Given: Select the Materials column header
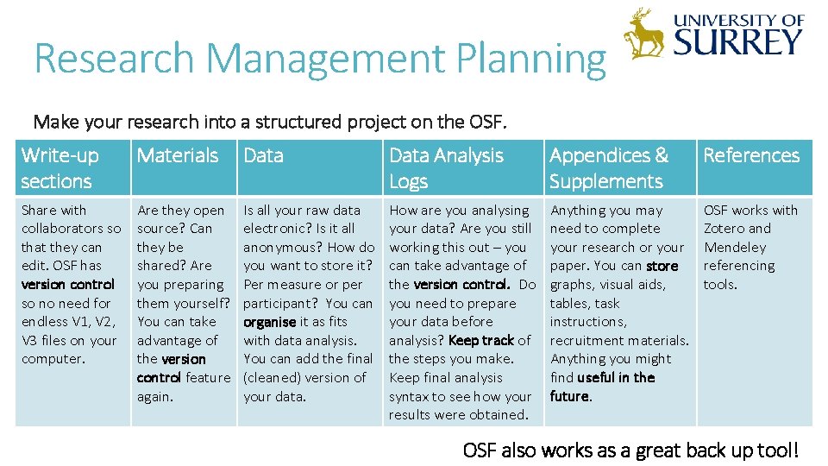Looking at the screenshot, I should [x=178, y=155].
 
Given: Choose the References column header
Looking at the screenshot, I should [x=751, y=155].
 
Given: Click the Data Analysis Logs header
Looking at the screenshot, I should [x=446, y=167].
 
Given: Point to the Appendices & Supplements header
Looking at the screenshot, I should [x=609, y=167].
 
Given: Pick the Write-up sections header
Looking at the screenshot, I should [x=60, y=167].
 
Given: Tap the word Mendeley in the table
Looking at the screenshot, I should [x=735, y=247].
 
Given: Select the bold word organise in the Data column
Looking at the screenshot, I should [x=269, y=322].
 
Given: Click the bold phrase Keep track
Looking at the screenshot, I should [x=480, y=340].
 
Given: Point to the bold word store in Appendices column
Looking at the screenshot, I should [x=662, y=266].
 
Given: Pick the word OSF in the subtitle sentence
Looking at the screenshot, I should [x=486, y=122].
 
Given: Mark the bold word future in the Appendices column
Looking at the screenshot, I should [x=569, y=396].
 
